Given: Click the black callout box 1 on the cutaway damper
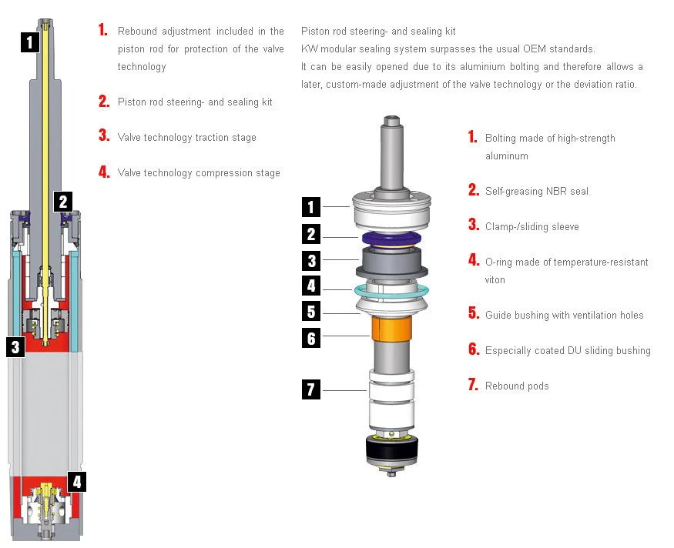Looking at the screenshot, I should [x=29, y=42].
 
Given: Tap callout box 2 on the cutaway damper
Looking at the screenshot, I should [x=63, y=202].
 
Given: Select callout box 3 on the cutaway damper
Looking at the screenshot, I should [x=15, y=347].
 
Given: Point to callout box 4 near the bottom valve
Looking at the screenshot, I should [x=76, y=483].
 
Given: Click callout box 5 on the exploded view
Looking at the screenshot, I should [x=310, y=312].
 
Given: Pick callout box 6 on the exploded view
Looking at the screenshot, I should [x=310, y=338].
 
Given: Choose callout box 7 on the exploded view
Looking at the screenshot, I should [x=310, y=389].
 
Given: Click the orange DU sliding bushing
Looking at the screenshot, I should [x=391, y=332].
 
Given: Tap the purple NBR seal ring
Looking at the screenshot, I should [x=391, y=237].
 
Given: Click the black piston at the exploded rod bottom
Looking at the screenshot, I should [x=392, y=448].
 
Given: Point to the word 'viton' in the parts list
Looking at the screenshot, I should [x=495, y=280].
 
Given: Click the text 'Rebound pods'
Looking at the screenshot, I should [x=517, y=386].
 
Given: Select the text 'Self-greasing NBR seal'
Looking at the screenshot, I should [x=536, y=191].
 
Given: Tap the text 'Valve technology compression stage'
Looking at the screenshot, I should [x=199, y=173].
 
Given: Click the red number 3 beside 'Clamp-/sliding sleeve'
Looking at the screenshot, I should [x=473, y=226].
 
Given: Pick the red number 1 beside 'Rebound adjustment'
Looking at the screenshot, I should [x=103, y=31].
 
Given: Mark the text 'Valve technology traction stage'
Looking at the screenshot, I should [x=186, y=138].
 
